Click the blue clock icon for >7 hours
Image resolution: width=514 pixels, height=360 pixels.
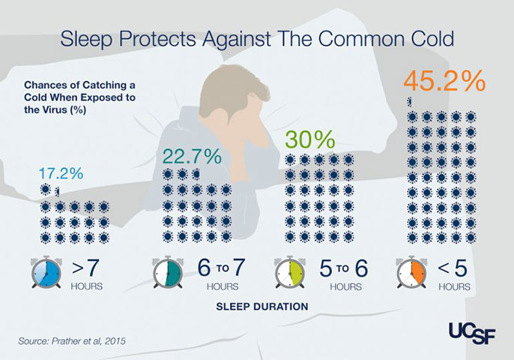pos(46,274)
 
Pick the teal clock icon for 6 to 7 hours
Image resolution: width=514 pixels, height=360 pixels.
pos(167,274)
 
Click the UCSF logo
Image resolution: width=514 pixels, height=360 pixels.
pos(469,329)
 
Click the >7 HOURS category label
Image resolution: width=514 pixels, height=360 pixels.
pos(88,274)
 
